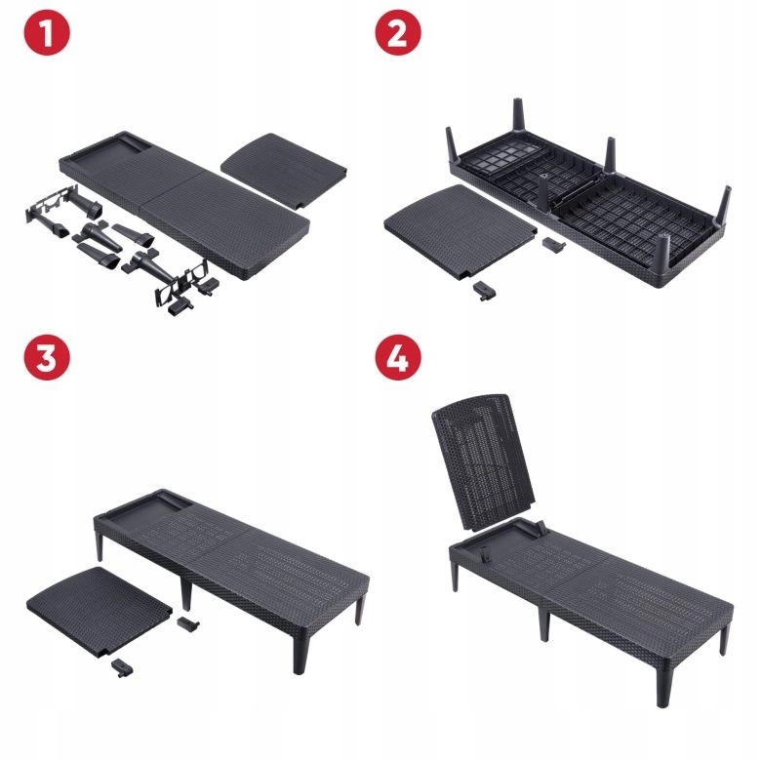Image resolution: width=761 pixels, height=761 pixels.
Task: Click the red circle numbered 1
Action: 47,32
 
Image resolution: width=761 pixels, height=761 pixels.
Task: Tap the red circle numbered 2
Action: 398,32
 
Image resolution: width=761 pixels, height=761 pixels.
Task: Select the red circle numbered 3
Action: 47,357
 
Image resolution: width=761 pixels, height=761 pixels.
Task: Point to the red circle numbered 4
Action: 398,357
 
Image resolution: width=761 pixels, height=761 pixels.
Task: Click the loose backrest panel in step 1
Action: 284,170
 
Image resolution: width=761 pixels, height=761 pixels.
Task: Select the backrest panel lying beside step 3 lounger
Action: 100,609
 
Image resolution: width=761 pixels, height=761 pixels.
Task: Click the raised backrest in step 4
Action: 483,461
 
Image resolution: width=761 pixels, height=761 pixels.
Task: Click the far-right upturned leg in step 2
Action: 725,204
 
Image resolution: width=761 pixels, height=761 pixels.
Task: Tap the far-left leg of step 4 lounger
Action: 455,575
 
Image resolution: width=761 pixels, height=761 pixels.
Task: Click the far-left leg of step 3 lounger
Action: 100,545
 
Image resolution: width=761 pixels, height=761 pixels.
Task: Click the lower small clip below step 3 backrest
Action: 122,667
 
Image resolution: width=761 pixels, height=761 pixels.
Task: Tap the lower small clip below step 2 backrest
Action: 484,290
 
